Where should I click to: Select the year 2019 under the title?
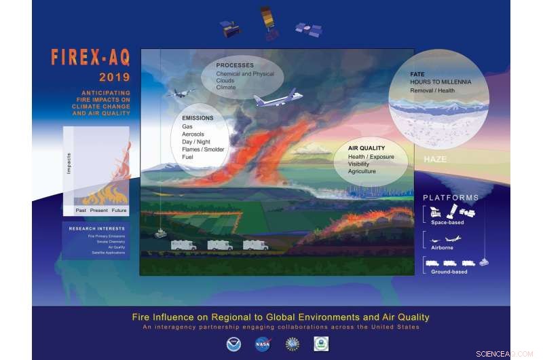pos(113,76)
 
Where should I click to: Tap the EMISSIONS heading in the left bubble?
pos(198,118)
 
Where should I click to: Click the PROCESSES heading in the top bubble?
pos(235,65)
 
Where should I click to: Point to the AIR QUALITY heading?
pos(367,147)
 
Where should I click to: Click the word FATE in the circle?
pos(417,74)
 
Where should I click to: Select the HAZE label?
pos(435,159)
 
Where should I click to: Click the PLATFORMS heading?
pos(451,198)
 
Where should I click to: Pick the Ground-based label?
pos(449,272)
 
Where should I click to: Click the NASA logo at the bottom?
pos(263,344)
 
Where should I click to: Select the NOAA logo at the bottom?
pos(233,344)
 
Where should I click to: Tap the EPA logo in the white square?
pos(321,344)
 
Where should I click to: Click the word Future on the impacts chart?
pos(117,211)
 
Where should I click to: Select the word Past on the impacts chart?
pos(81,211)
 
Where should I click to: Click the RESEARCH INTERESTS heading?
pos(96,228)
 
